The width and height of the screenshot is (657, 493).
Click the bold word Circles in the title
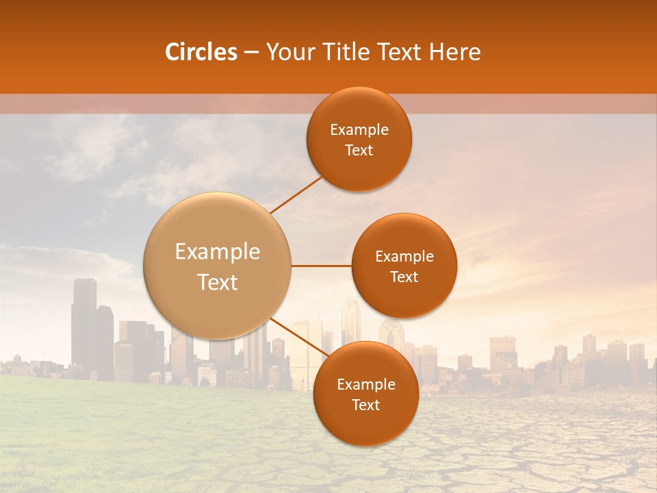coord(201,52)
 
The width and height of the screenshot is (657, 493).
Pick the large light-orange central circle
coord(218,266)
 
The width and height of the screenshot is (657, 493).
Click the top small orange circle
coord(359,139)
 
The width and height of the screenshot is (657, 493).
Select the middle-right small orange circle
coord(404,266)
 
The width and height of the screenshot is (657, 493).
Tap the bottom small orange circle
coord(365,394)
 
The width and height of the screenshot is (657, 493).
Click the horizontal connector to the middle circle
coord(321,266)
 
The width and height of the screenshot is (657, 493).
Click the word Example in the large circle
coord(218,252)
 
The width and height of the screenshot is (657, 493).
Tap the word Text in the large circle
coord(218,282)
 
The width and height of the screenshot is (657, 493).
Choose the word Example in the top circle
coord(359,130)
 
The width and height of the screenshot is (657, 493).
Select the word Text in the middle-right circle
coord(404,277)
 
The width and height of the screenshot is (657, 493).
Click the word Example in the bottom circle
coord(365,385)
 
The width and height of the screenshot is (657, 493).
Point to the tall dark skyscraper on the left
coord(83,322)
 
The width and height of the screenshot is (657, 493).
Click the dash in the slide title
coord(251,53)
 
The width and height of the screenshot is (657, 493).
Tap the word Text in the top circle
coord(359,150)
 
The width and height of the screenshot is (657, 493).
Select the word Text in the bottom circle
coord(365,405)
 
